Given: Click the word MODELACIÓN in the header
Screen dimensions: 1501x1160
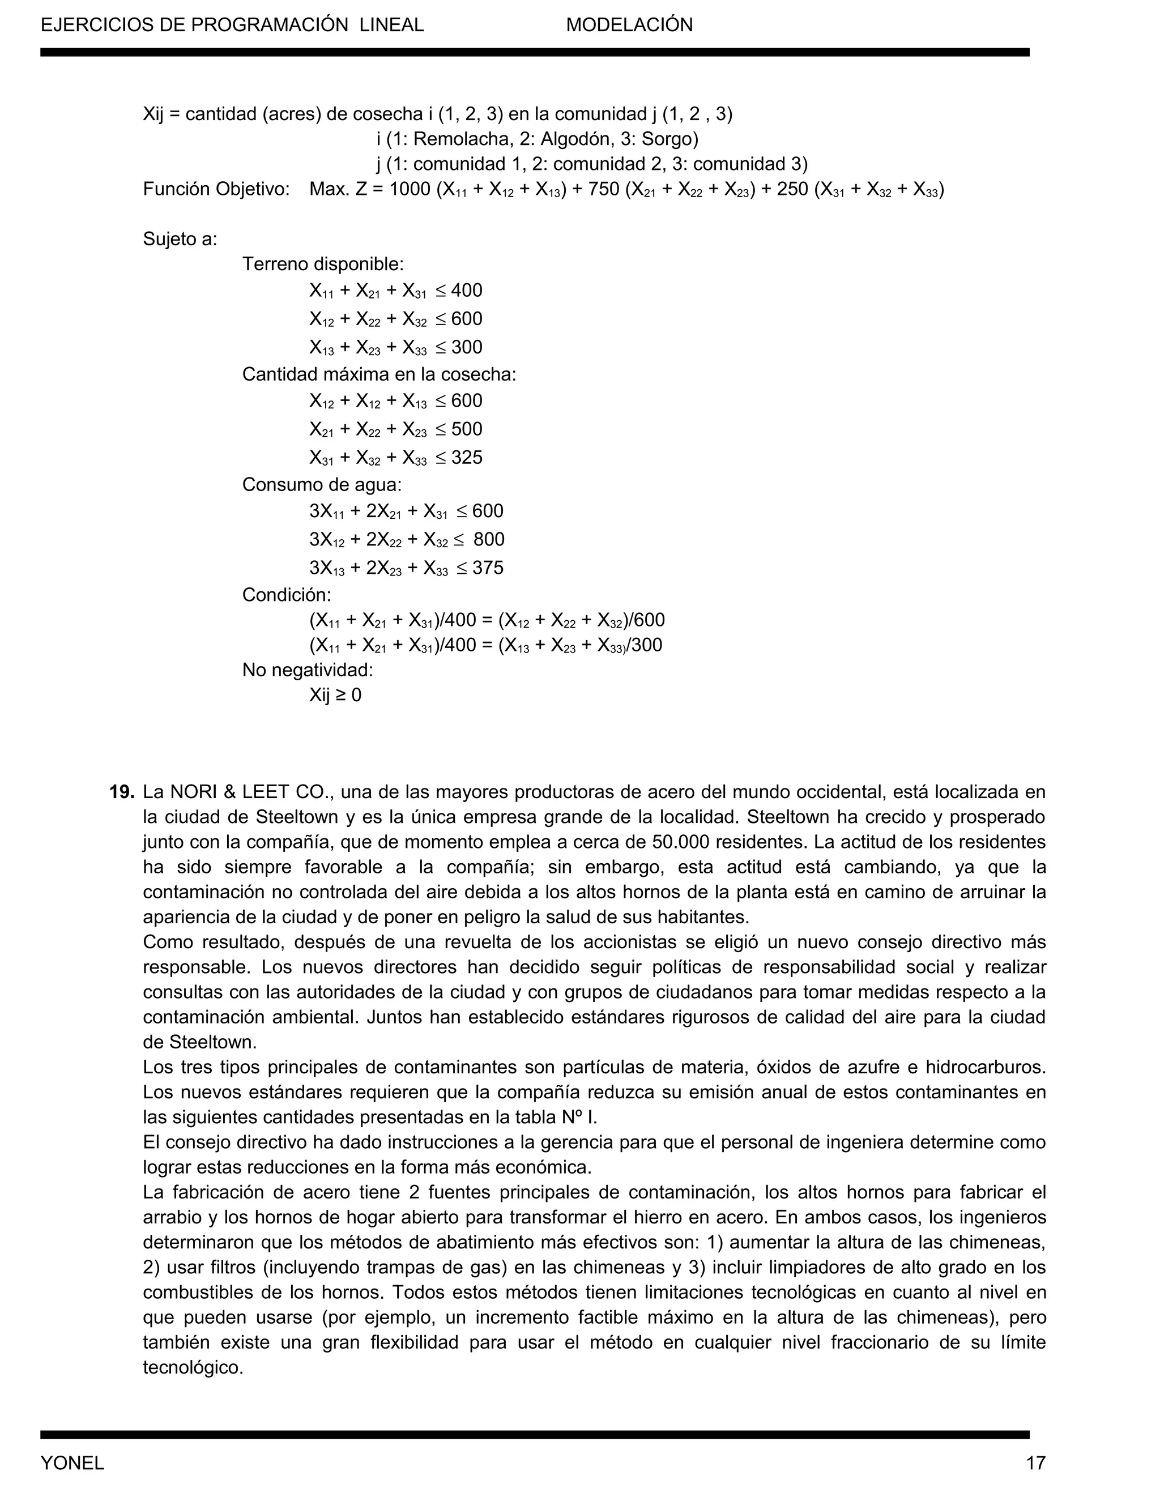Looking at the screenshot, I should point(629,25).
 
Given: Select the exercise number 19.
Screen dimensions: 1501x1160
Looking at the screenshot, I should point(121,792).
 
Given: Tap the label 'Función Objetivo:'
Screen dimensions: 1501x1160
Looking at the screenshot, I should point(216,189).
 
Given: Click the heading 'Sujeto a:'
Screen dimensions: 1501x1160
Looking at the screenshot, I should point(180,239).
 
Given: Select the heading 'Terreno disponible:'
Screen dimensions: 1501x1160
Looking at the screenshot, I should point(323,264).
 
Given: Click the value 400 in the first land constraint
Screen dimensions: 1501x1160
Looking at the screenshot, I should point(467,291).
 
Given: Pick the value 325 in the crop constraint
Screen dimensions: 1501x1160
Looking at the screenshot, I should point(467,458).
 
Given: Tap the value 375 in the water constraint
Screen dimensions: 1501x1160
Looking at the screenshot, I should point(487,568).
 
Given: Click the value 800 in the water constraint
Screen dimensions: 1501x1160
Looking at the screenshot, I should point(489,539).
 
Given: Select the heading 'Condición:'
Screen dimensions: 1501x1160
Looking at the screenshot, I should point(287,595).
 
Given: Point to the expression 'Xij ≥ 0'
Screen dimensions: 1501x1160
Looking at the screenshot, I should point(335,695).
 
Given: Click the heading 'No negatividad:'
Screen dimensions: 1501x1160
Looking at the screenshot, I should point(307,670).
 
